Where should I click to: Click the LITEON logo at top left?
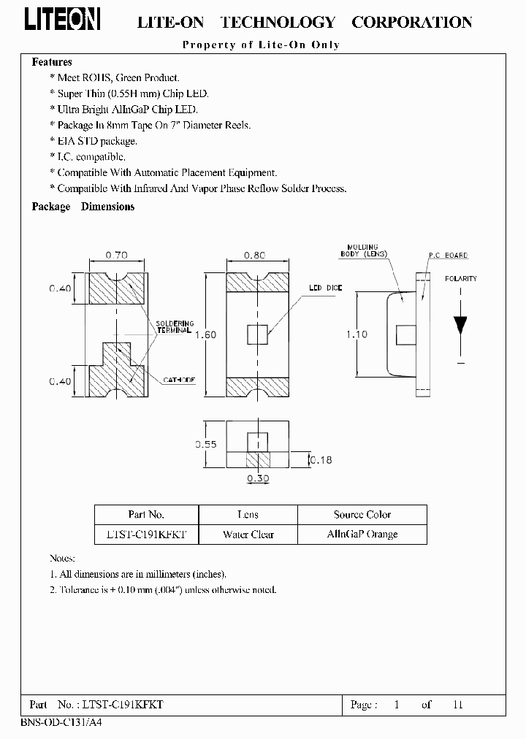(63, 20)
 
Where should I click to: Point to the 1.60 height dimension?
(210, 334)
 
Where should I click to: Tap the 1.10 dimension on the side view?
(357, 334)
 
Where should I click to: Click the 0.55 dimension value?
(210, 444)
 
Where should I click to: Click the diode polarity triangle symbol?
(460, 323)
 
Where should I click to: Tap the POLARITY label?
(460, 279)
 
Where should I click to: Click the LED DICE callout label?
(325, 288)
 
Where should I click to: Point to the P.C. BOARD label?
(448, 256)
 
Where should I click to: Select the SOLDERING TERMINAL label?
(174, 326)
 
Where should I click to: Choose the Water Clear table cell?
(248, 535)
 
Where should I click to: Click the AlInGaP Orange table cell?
(362, 535)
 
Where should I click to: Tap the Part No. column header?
(146, 515)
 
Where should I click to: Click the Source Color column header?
(362, 515)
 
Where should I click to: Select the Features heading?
(52, 63)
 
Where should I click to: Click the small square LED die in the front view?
(257, 334)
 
